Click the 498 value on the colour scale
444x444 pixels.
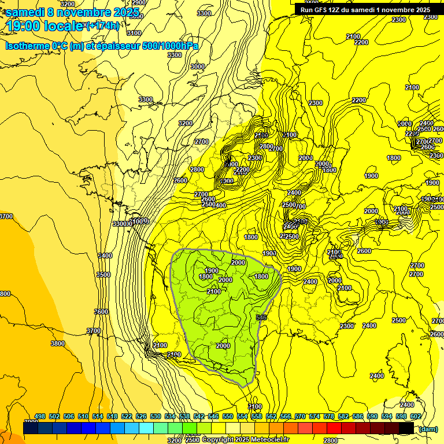40,416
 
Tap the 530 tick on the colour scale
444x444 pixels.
156,416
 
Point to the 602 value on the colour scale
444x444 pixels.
415,416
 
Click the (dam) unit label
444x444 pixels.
427,429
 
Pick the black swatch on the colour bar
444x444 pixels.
406,428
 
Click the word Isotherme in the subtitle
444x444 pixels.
27,46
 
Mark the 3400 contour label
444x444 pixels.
105,255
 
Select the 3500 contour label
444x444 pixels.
103,275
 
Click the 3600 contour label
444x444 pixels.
101,312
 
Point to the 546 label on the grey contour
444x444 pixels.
261,317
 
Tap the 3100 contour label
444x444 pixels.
135,33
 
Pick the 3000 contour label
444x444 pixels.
198,66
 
